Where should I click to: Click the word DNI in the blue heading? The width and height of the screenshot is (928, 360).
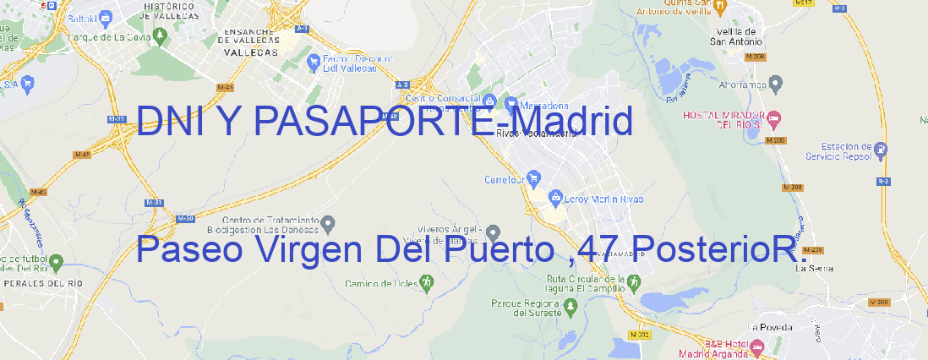point(167,122)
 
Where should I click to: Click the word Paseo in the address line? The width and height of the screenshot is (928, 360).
point(188,250)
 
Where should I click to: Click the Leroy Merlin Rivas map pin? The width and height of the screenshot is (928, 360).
point(555,198)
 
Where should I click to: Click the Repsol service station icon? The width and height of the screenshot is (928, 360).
point(882,150)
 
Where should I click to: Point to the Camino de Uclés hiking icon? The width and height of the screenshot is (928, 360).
point(427,281)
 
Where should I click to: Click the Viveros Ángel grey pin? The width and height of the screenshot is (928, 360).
point(494,232)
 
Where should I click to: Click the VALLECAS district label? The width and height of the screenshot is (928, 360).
point(251,52)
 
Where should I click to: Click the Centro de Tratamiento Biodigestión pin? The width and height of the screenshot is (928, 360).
point(329,223)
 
